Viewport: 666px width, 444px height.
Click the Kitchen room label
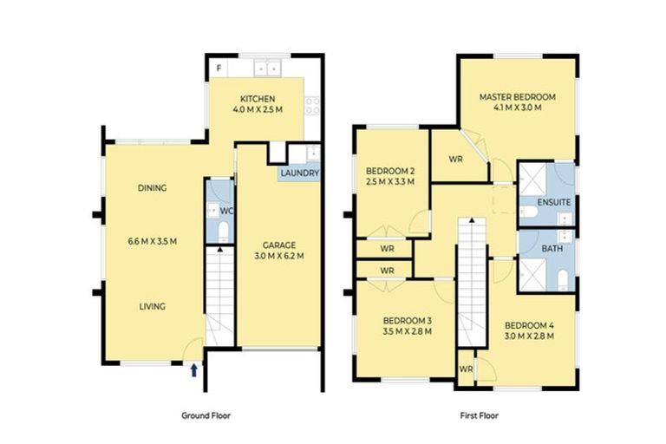pyautogui.click(x=258, y=99)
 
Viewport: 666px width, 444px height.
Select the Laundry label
pyautogui.click(x=300, y=173)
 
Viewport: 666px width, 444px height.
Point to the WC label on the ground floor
pyautogui.click(x=226, y=211)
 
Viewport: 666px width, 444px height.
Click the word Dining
pyautogui.click(x=152, y=188)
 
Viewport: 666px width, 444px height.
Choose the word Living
pyautogui.click(x=152, y=306)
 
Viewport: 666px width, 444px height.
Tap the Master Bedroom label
pyautogui.click(x=518, y=97)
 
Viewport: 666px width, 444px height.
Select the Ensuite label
pyautogui.click(x=554, y=203)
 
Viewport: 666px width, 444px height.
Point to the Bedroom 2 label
pyautogui.click(x=389, y=170)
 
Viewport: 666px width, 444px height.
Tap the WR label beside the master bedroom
pyautogui.click(x=455, y=160)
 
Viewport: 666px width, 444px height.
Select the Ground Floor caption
pyautogui.click(x=206, y=415)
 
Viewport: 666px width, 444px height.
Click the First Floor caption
pyautogui.click(x=479, y=415)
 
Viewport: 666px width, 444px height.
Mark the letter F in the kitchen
pyautogui.click(x=219, y=67)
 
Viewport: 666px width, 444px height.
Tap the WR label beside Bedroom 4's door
pyautogui.click(x=466, y=369)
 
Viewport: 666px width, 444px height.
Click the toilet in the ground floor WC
pyautogui.click(x=222, y=231)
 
